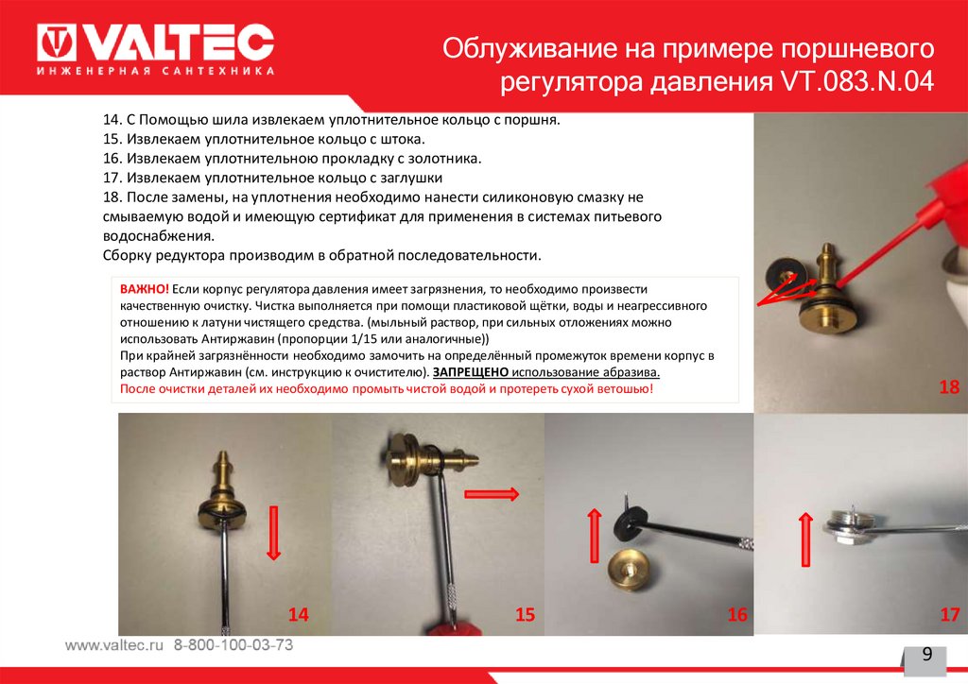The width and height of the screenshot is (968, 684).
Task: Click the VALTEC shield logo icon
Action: pyautogui.click(x=56, y=43)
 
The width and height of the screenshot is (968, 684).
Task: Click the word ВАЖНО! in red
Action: pyautogui.click(x=144, y=289)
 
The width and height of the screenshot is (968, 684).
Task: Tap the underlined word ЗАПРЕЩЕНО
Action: pyautogui.click(x=471, y=372)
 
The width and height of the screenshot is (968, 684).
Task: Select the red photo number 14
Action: pyautogui.click(x=298, y=614)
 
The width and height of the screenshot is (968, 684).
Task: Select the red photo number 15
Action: pyautogui.click(x=525, y=614)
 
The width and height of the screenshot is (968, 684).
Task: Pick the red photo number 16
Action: pyautogui.click(x=737, y=614)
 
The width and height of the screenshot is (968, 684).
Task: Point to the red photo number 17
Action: pyautogui.click(x=949, y=614)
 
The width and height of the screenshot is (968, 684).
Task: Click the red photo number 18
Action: pyautogui.click(x=949, y=386)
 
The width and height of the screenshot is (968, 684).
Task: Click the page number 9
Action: pyautogui.click(x=926, y=655)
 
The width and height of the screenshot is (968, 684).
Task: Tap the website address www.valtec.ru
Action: pyautogui.click(x=114, y=645)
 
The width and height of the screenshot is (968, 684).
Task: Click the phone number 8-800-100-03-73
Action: pyautogui.click(x=233, y=645)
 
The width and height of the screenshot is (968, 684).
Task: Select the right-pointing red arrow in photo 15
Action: pyautogui.click(x=492, y=493)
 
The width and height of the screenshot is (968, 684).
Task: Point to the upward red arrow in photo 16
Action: pyautogui.click(x=594, y=536)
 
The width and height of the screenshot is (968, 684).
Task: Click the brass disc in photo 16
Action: pyautogui.click(x=631, y=568)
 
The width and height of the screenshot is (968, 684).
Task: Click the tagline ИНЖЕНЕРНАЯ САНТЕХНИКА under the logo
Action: pyautogui.click(x=156, y=71)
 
